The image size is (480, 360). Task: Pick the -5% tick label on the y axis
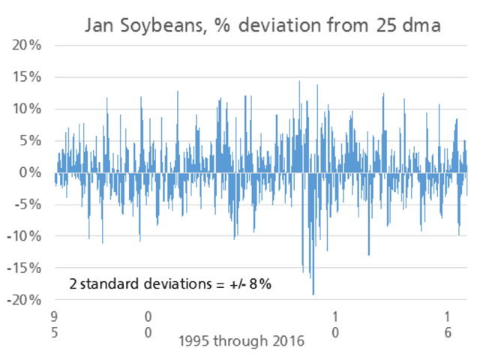pyautogui.click(x=26, y=204)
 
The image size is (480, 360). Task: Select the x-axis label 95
pyautogui.click(x=54, y=323)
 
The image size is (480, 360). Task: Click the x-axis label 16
pyautogui.click(x=447, y=323)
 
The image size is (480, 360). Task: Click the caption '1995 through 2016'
pyautogui.click(x=241, y=341)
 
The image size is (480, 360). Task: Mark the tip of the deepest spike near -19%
pyautogui.click(x=313, y=294)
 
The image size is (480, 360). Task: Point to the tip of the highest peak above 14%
pyautogui.click(x=299, y=81)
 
